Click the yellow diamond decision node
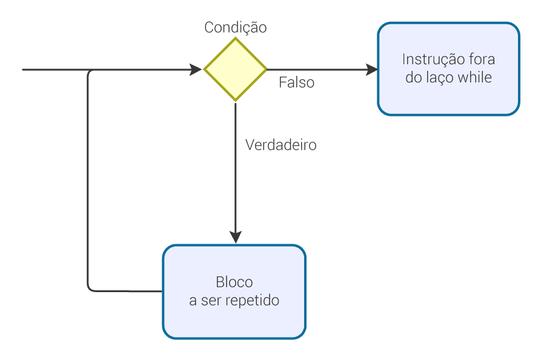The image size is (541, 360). (235, 70)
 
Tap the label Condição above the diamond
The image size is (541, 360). (236, 27)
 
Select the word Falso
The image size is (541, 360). (297, 82)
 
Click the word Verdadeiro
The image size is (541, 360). (280, 145)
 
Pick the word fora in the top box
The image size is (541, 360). (482, 59)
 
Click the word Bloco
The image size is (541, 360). (234, 282)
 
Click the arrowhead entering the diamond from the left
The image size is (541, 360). (197, 70)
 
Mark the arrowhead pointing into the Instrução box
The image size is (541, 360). (372, 70)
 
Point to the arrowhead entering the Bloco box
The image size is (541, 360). (235, 238)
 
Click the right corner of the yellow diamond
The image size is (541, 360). (266, 70)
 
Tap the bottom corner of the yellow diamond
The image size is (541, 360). (235, 101)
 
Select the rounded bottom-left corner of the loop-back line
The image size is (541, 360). (91, 288)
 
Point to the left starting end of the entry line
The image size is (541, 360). (24, 70)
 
